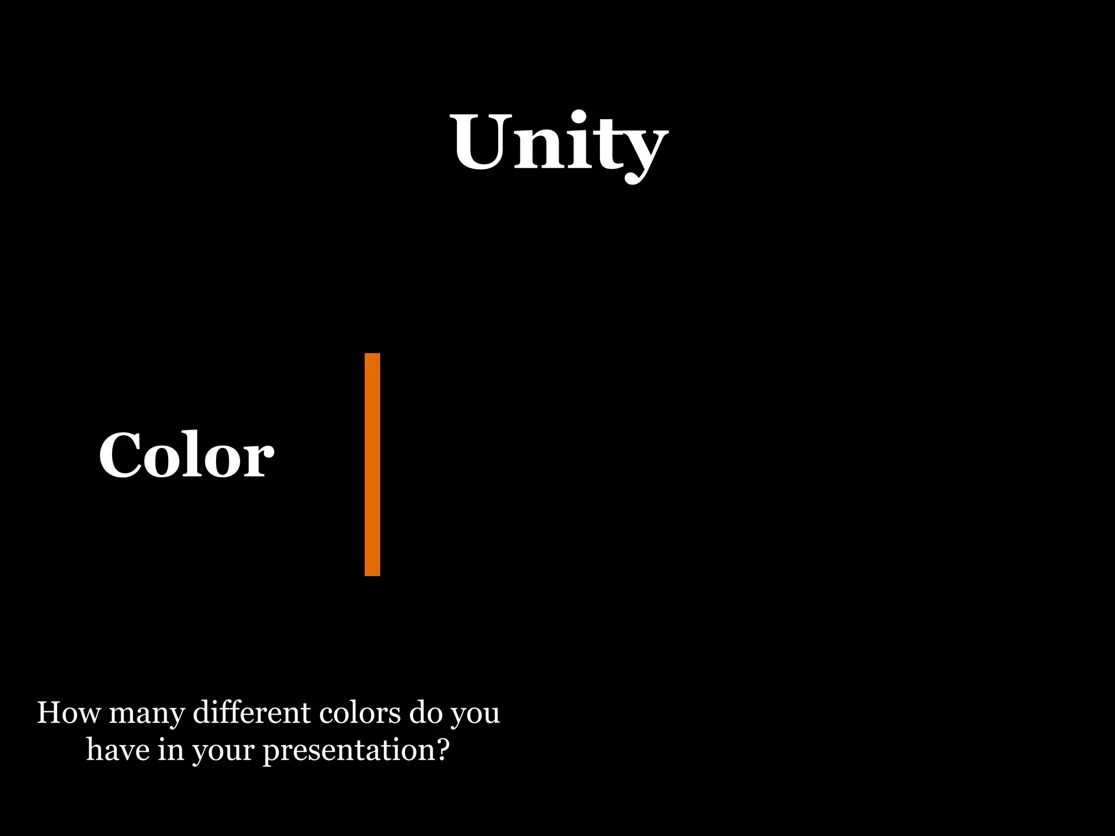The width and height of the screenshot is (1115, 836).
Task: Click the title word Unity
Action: (560, 143)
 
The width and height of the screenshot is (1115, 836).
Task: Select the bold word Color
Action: (186, 455)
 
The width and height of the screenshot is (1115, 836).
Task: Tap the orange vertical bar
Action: (372, 464)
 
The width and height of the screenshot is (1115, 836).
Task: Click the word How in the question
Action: (69, 713)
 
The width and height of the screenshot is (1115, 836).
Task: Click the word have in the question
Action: (118, 750)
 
